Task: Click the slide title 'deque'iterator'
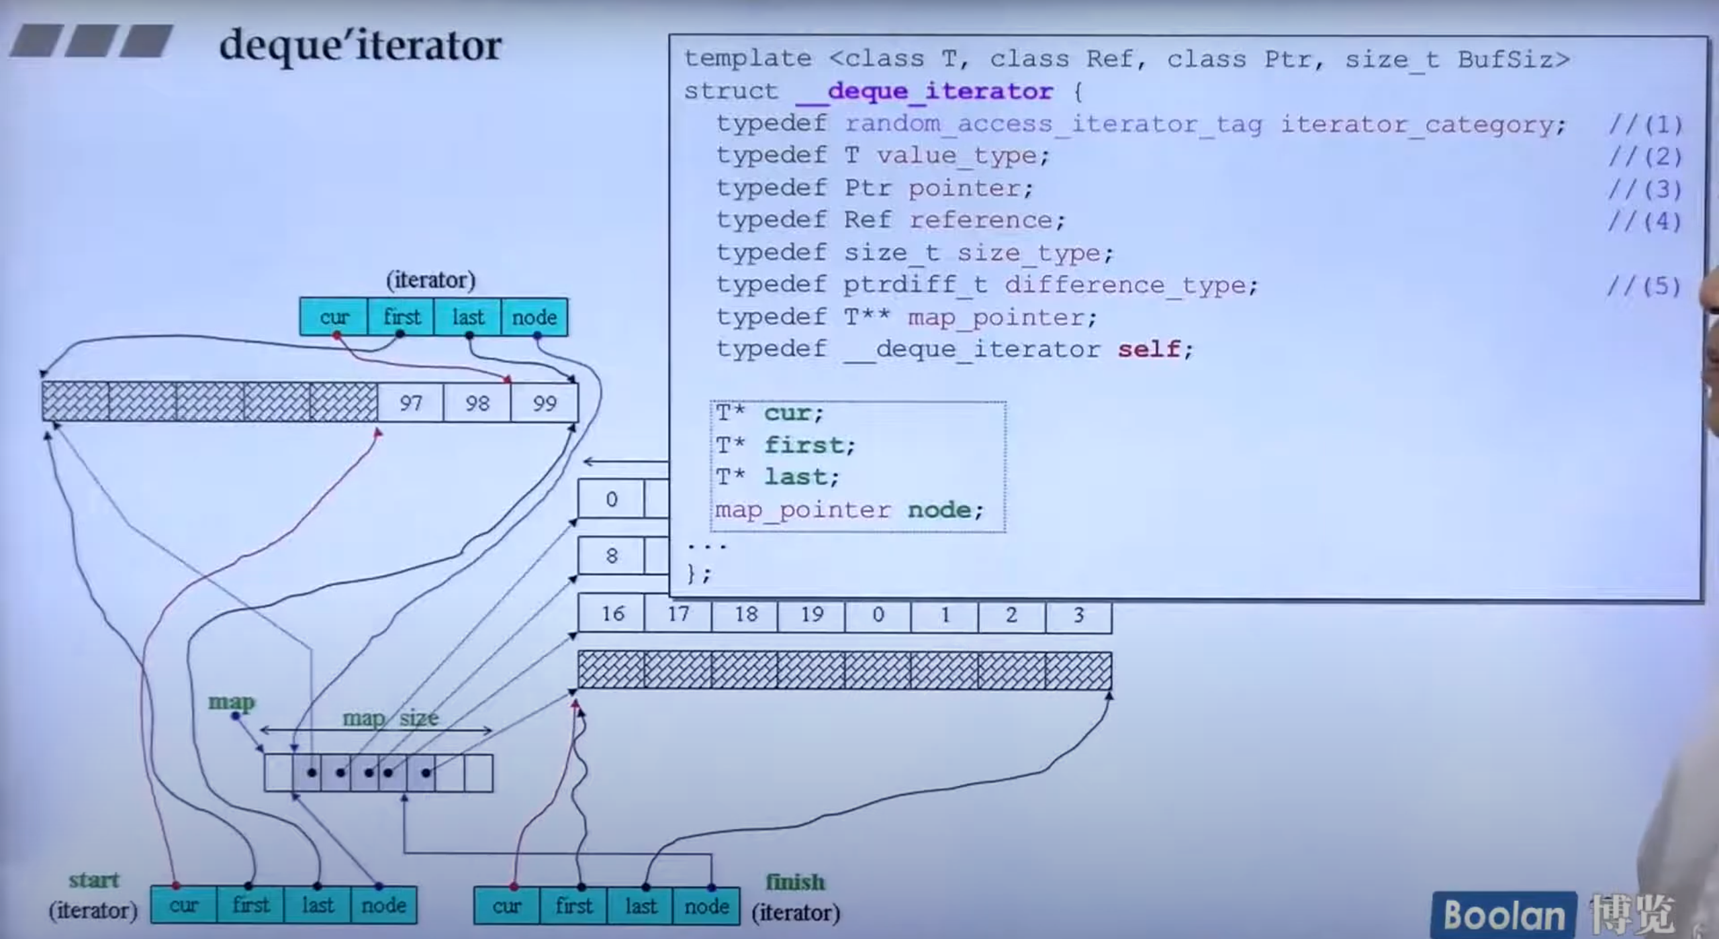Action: click(x=361, y=46)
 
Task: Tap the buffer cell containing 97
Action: click(x=410, y=403)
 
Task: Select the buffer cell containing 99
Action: click(x=544, y=403)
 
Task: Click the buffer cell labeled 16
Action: click(x=612, y=613)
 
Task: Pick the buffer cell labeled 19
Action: click(x=811, y=613)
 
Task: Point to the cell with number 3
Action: click(x=1078, y=615)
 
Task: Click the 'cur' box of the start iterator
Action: click(x=183, y=905)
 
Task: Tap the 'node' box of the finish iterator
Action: click(x=706, y=906)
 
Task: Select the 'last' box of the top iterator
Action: click(x=467, y=317)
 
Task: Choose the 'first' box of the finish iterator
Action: click(x=573, y=906)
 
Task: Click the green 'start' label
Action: click(x=93, y=880)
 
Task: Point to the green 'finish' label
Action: click(x=795, y=881)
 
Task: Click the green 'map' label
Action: click(x=232, y=702)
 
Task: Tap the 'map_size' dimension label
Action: click(x=390, y=718)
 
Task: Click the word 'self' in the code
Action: click(x=1148, y=349)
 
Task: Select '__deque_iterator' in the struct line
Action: click(x=924, y=91)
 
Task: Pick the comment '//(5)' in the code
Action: click(x=1644, y=286)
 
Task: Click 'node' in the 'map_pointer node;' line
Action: click(x=939, y=510)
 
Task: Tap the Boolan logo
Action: click(x=1504, y=915)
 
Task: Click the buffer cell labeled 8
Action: click(x=611, y=556)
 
